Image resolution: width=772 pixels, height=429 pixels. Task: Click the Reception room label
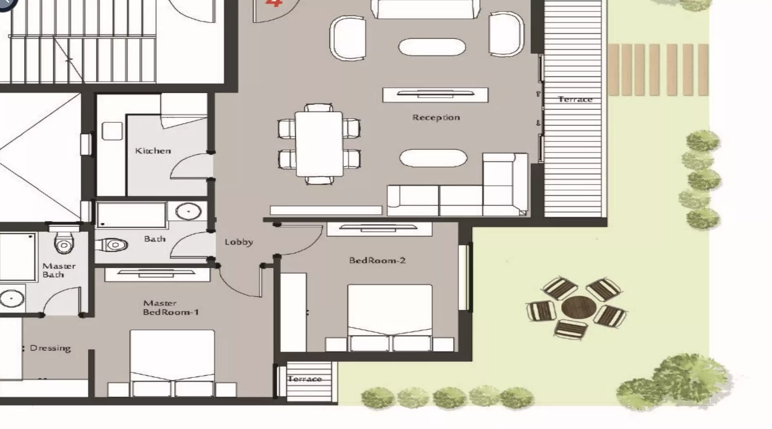click(x=436, y=118)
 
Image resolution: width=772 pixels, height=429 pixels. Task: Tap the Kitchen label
click(x=153, y=151)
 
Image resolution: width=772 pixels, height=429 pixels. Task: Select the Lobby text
click(x=239, y=242)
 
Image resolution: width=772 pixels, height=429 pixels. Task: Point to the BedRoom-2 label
click(x=377, y=260)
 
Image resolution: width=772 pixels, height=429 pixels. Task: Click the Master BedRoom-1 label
click(x=171, y=308)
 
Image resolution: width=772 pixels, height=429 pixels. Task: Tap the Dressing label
click(x=50, y=348)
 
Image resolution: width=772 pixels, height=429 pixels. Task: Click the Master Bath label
click(x=59, y=270)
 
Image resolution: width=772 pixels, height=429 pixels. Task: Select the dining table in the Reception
click(x=319, y=144)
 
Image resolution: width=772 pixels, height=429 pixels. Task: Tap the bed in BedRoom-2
click(x=390, y=318)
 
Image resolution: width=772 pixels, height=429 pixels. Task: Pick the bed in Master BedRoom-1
click(x=172, y=363)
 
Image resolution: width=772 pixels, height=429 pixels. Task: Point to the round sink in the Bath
click(x=189, y=212)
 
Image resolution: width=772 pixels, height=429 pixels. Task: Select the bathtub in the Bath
click(x=131, y=214)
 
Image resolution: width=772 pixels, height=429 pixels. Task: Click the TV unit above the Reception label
click(x=435, y=95)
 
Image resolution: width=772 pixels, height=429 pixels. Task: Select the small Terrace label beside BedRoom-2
click(x=305, y=379)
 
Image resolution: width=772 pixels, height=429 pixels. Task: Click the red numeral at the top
click(x=274, y=3)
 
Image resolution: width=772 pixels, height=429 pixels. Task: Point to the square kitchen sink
click(x=112, y=131)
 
